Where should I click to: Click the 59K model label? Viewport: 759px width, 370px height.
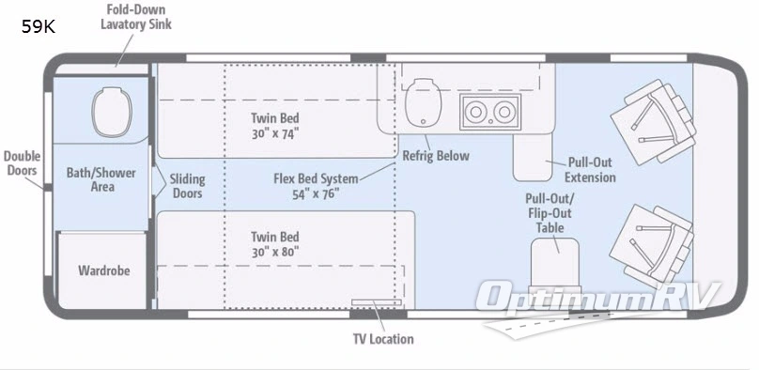[x=39, y=27]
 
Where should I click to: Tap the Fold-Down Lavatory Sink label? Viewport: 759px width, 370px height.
[x=136, y=17]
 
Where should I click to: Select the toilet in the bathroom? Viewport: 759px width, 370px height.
[x=103, y=111]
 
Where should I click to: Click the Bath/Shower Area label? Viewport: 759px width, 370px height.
[x=101, y=179]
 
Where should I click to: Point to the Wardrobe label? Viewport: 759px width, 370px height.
[x=103, y=271]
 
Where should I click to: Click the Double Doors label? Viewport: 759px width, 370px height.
[x=21, y=163]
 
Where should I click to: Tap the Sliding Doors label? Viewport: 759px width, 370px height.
[x=188, y=186]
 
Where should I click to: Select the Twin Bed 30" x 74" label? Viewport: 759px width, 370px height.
[x=275, y=126]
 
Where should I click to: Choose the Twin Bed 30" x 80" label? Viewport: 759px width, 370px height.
[x=275, y=244]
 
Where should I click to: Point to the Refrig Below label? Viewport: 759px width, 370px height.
[x=435, y=156]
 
